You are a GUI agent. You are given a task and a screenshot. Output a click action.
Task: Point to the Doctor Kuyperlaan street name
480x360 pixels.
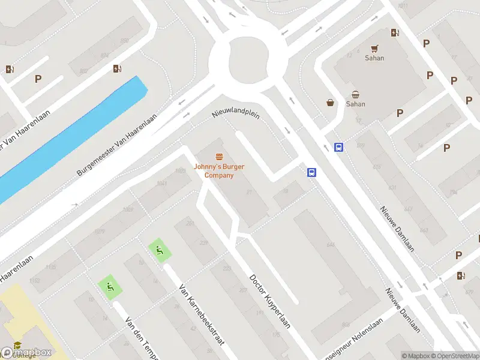(270, 302)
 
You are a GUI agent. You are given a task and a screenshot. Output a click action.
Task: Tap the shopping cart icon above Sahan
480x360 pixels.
(374, 49)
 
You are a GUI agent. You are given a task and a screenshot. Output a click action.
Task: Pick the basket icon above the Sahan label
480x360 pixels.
(355, 94)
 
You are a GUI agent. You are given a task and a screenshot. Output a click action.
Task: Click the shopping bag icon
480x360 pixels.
(330, 103)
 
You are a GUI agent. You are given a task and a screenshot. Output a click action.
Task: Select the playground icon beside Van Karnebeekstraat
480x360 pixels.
(159, 251)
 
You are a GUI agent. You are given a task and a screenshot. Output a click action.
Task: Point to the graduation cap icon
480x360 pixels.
(17, 346)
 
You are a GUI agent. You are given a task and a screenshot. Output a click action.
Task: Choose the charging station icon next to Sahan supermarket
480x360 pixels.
(395, 33)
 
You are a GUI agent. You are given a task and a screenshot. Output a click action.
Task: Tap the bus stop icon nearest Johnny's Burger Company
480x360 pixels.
(312, 172)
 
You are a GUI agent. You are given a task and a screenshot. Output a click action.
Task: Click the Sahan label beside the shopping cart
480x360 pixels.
(374, 58)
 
